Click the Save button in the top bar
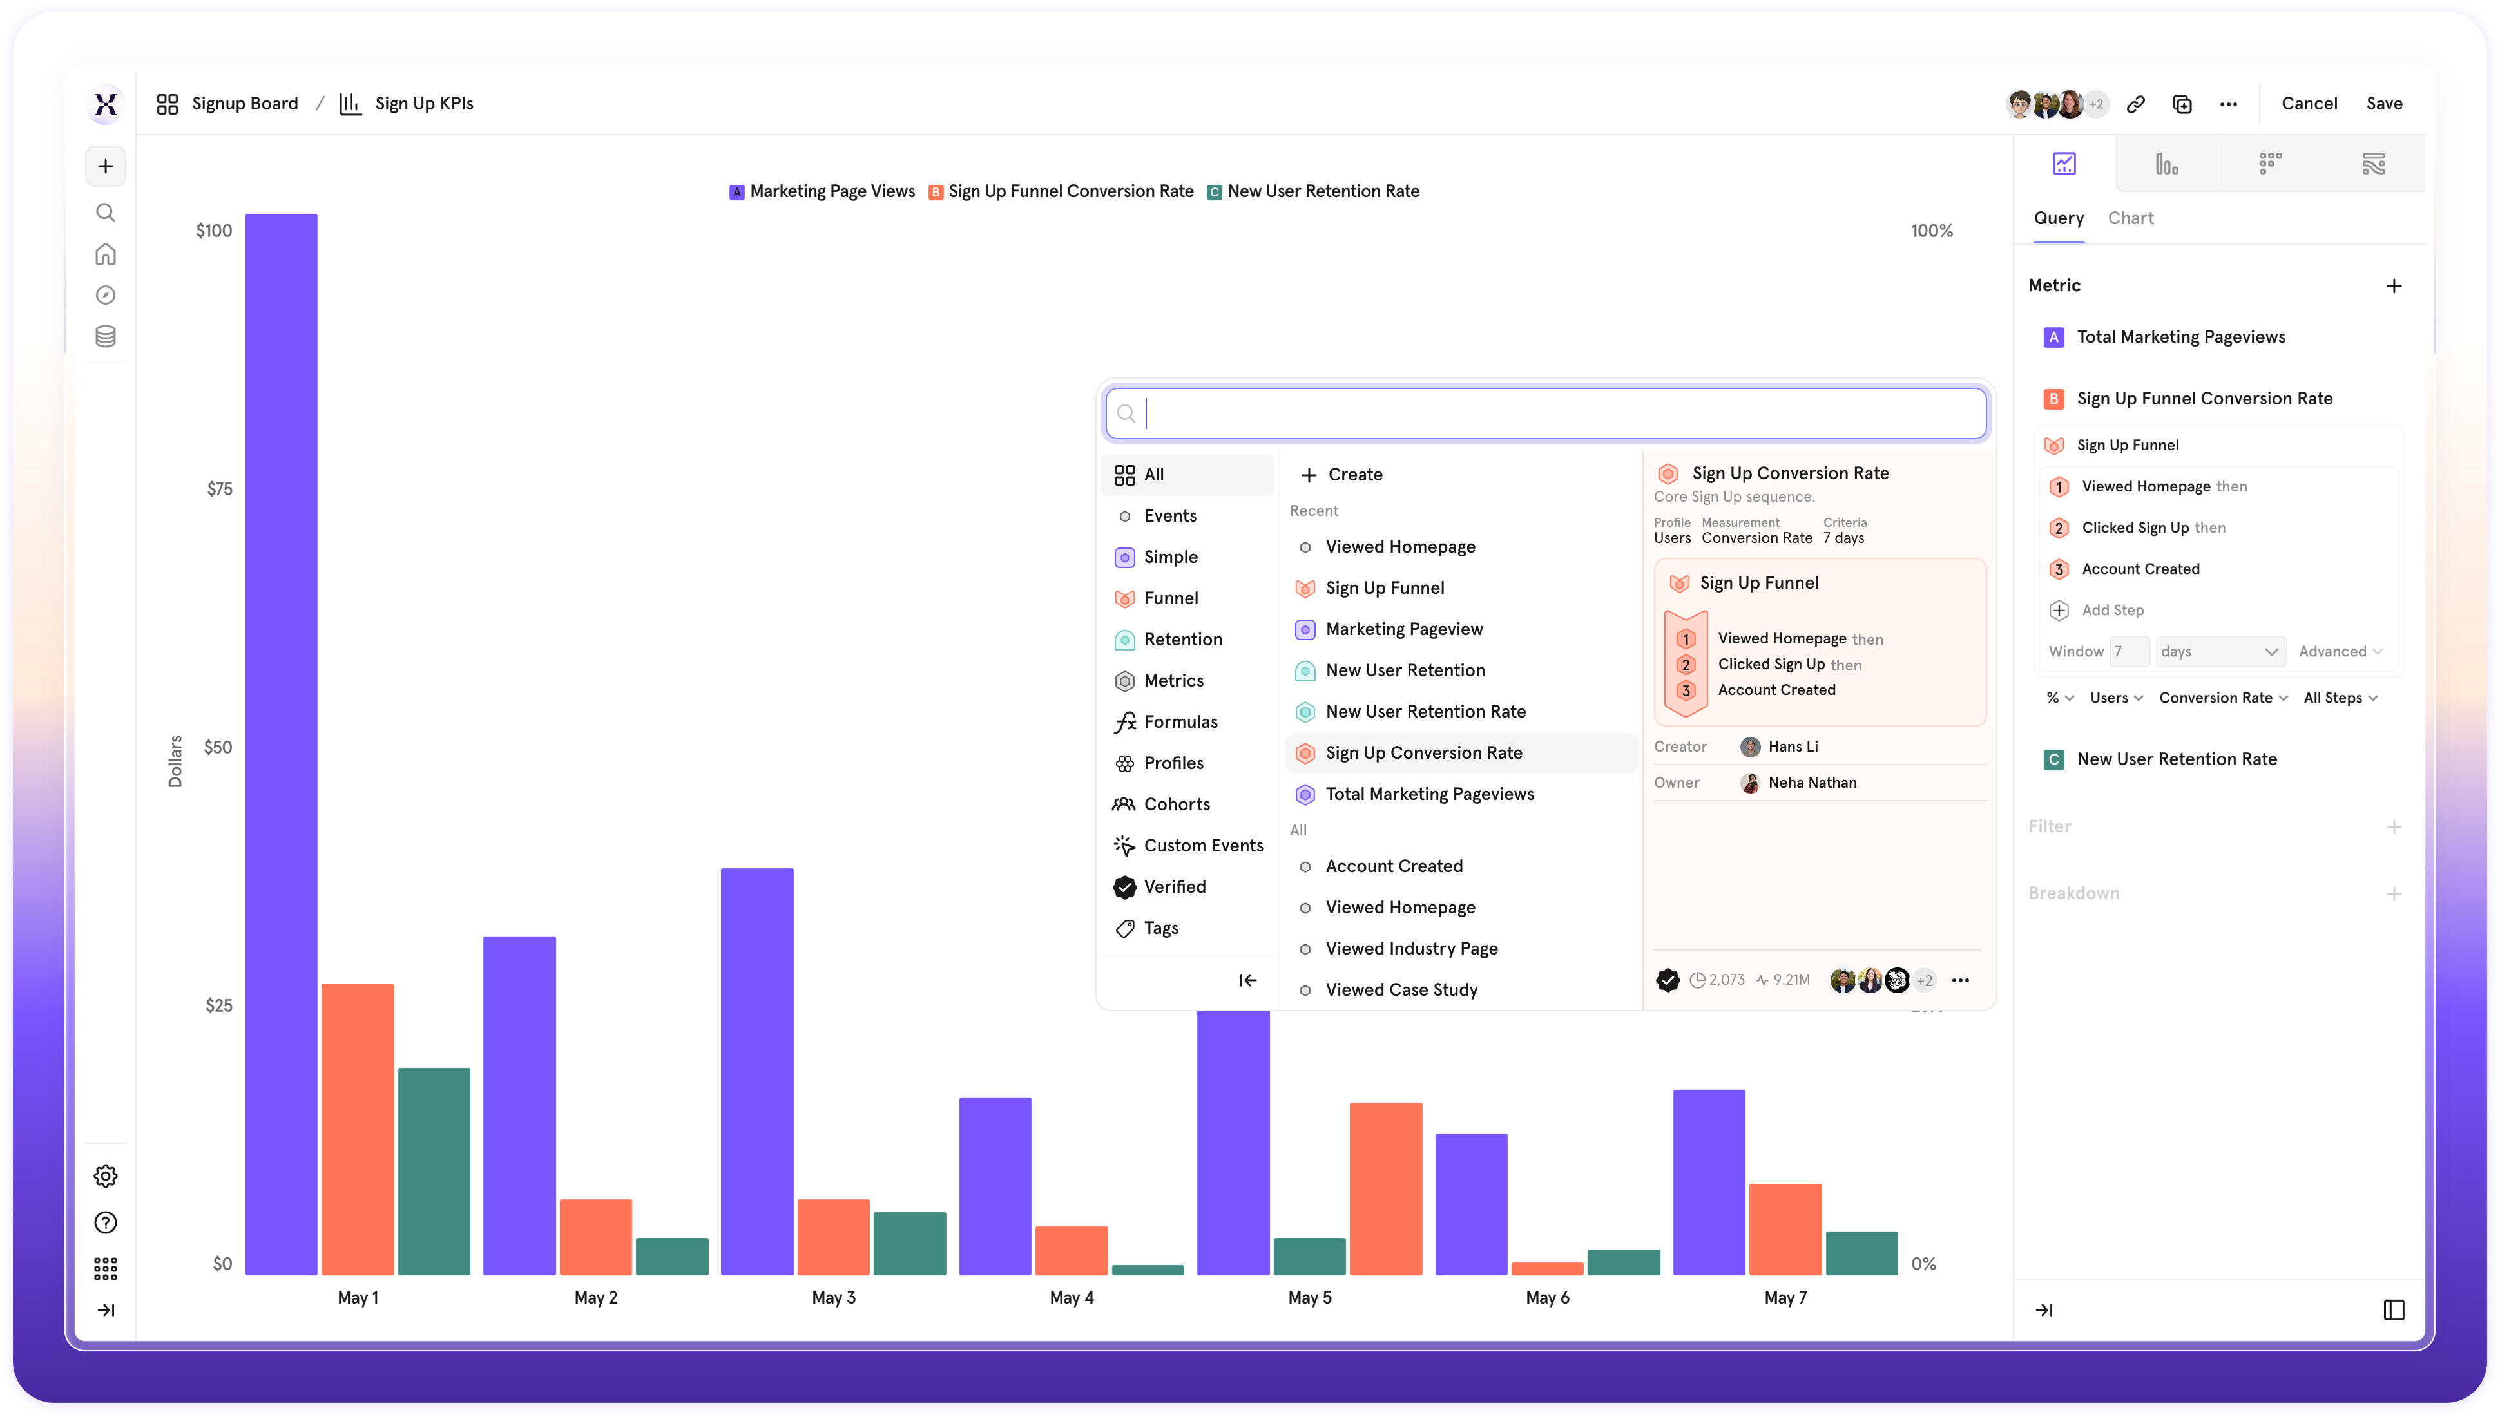point(2383,103)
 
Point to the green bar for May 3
point(909,1243)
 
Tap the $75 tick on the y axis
point(220,489)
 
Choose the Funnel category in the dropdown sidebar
point(1170,598)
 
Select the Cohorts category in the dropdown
point(1176,804)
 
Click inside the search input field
point(1557,414)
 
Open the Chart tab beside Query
point(2130,218)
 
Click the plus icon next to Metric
point(2393,285)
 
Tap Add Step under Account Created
point(2111,610)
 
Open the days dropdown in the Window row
point(2220,651)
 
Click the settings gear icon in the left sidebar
point(105,1175)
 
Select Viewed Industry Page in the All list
point(1410,948)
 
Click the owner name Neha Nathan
point(1811,783)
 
